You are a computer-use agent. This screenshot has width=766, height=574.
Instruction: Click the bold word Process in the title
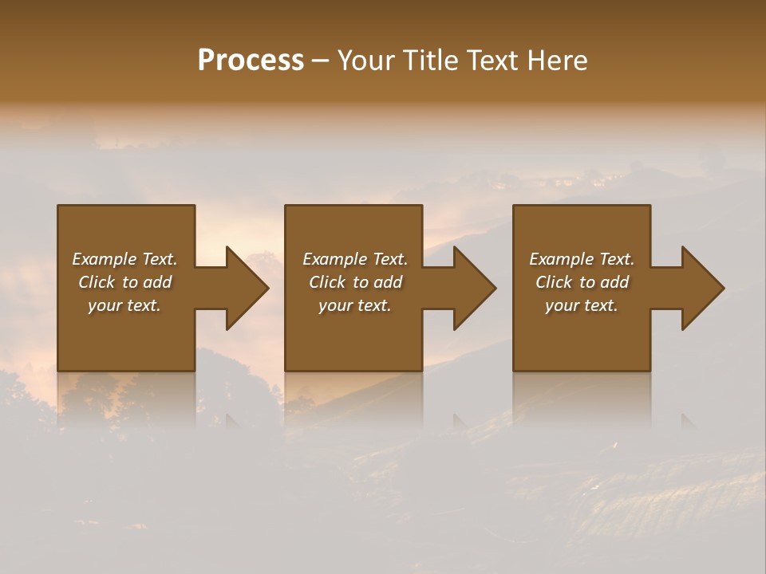coord(251,61)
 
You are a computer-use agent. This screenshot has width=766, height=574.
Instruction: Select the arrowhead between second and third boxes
coord(474,288)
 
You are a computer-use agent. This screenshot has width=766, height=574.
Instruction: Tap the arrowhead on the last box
coord(702,288)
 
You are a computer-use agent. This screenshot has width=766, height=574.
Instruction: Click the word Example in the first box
coord(104,259)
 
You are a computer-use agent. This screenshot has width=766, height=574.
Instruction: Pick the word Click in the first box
coord(97,282)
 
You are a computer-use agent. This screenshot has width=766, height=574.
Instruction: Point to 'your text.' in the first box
coord(124,305)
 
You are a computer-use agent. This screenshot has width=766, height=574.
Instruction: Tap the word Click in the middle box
coord(328,282)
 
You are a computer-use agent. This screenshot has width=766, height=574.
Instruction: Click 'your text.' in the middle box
coord(355,305)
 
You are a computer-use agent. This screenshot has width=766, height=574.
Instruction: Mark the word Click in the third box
coord(555,282)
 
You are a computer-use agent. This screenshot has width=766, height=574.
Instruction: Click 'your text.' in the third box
coord(582,305)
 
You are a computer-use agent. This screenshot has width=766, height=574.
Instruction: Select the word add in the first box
coord(157,282)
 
